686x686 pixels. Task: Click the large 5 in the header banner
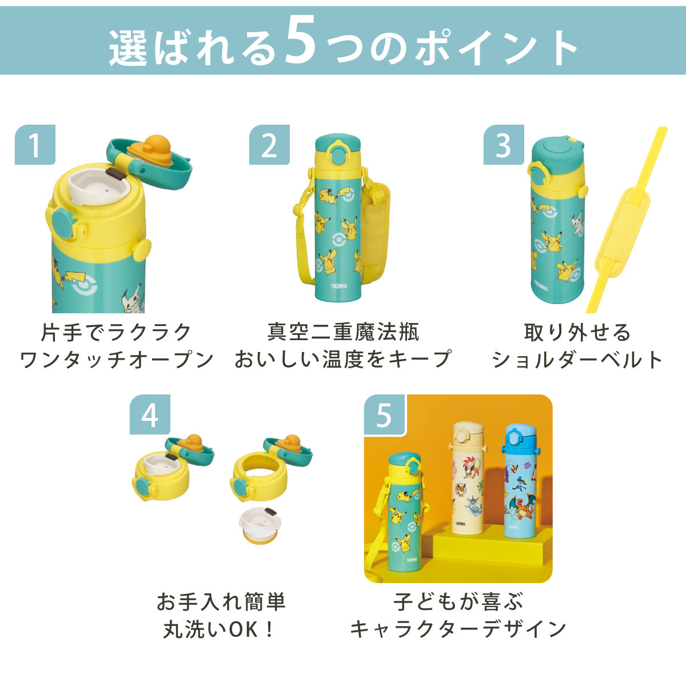[301, 42]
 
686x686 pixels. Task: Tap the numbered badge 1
[35, 145]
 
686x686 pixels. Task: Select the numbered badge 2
[269, 145]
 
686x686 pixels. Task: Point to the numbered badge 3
[504, 145]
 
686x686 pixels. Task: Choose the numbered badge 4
[150, 414]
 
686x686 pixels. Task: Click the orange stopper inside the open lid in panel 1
[150, 150]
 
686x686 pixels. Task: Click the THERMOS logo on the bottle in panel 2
[339, 286]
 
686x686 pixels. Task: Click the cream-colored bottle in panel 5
[468, 477]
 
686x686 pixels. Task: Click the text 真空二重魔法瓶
[343, 332]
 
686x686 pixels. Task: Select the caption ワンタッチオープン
[117, 360]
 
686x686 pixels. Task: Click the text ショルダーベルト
[577, 360]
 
